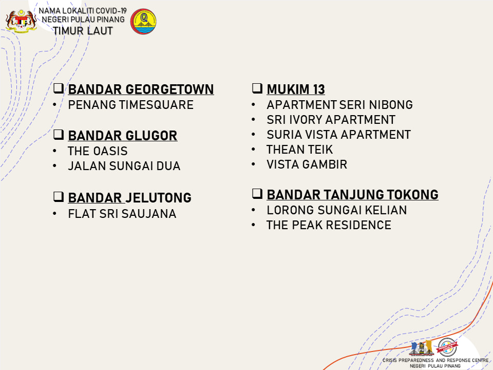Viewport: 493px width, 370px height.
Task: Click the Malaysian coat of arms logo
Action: click(x=21, y=21)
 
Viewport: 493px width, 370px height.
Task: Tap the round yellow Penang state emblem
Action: click(x=143, y=22)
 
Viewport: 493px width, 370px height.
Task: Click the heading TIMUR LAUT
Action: click(x=83, y=31)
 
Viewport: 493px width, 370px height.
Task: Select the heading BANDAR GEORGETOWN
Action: click(x=141, y=89)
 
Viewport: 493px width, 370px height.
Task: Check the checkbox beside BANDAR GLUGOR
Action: click(x=59, y=134)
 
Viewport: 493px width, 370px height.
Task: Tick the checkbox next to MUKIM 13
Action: click(x=257, y=88)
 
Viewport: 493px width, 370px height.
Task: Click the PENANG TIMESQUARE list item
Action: click(x=131, y=105)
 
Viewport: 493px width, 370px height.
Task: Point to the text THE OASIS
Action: click(x=98, y=151)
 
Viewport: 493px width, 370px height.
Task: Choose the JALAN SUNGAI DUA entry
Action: click(x=124, y=166)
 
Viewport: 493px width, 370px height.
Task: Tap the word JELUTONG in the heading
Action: click(x=159, y=198)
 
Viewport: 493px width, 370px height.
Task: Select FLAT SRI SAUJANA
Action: click(x=122, y=214)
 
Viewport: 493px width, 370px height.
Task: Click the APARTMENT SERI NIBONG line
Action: click(x=339, y=105)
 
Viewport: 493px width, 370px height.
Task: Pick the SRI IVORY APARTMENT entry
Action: click(x=331, y=120)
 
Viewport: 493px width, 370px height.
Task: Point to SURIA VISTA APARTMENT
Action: click(x=338, y=134)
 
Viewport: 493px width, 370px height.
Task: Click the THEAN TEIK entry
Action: click(x=299, y=150)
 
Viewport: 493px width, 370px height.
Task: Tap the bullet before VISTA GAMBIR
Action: click(x=253, y=164)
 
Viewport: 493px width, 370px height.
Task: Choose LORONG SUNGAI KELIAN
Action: click(x=337, y=210)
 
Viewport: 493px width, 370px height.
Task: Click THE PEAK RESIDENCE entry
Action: click(x=329, y=225)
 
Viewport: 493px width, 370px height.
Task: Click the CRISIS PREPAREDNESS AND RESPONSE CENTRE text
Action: click(x=435, y=360)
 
